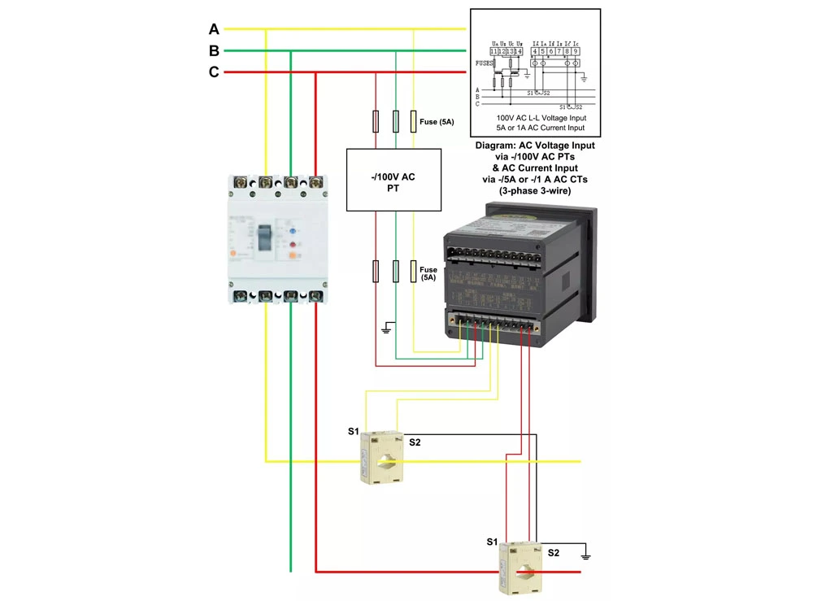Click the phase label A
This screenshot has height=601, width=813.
coord(214,29)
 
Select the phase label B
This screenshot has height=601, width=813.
coord(214,51)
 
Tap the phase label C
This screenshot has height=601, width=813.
coord(214,72)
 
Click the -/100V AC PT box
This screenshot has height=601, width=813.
coord(393,180)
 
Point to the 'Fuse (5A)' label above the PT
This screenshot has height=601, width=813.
coord(437,122)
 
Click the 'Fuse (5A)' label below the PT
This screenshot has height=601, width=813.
coord(428,273)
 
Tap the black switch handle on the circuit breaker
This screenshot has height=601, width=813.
coord(266,237)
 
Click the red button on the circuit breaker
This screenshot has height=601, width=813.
coord(292,244)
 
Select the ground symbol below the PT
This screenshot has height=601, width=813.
coord(389,329)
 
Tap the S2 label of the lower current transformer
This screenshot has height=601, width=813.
coord(553,553)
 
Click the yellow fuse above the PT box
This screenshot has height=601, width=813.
coord(414,122)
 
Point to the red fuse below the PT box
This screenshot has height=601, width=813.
coord(375,271)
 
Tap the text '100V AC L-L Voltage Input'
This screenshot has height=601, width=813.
coord(535,118)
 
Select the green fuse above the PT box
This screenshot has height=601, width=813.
coord(395,122)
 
